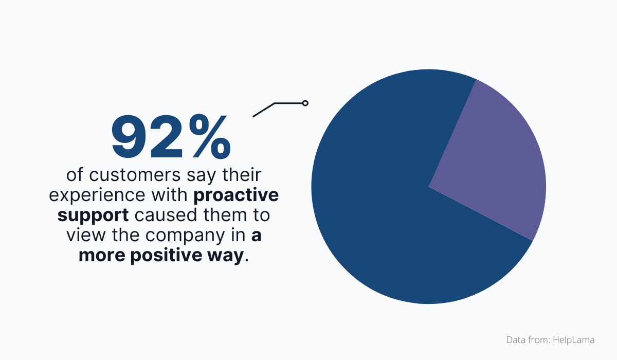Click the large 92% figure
click(x=171, y=137)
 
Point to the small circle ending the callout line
click(x=305, y=103)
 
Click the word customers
click(x=133, y=175)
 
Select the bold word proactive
click(x=237, y=195)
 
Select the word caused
click(x=157, y=215)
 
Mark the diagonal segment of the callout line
click(x=264, y=110)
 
